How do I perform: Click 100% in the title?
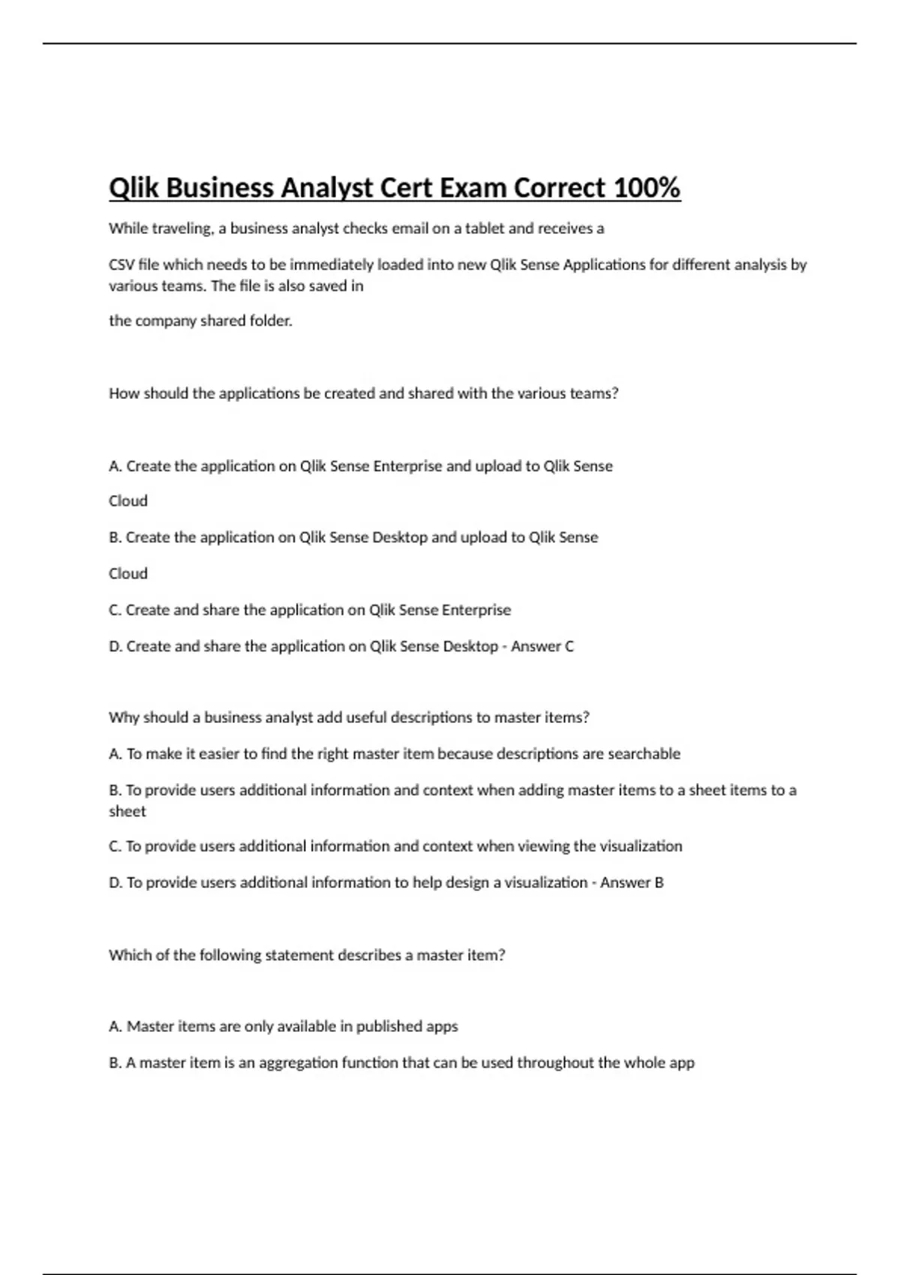pos(646,187)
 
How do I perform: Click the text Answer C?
pos(542,646)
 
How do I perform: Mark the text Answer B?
pos(631,883)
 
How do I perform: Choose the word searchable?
pos(643,754)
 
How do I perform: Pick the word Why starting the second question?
pos(123,718)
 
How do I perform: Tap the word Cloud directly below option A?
pos(128,501)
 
